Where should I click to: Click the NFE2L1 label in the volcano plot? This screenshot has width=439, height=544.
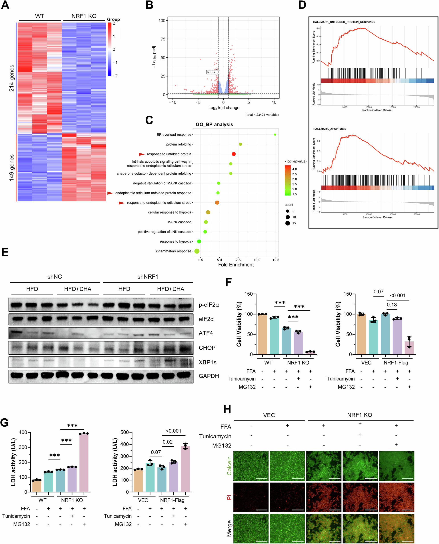tap(213, 72)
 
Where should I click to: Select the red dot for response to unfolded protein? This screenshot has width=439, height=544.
tap(234, 154)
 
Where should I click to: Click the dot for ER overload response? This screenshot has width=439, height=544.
tap(275, 135)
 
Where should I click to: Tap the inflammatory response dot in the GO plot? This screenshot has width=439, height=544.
tap(197, 251)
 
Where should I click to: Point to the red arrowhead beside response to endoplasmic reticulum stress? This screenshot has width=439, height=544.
tap(122, 203)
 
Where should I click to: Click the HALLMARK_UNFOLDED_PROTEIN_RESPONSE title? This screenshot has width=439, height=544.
tap(344, 22)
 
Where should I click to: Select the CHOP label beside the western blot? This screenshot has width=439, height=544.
tap(207, 348)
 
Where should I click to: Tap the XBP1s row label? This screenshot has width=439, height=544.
tap(207, 362)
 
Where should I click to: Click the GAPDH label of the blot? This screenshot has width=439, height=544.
tap(209, 376)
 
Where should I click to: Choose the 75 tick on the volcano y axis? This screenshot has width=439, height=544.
tap(162, 39)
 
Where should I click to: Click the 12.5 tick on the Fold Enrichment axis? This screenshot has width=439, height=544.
tap(276, 260)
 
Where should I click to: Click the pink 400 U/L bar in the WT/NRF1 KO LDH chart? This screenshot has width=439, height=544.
tap(84, 463)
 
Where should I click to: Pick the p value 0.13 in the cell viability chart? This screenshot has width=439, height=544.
tap(392, 305)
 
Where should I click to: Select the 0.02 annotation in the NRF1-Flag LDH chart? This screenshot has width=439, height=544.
tap(168, 442)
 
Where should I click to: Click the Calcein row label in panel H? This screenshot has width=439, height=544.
tap(229, 465)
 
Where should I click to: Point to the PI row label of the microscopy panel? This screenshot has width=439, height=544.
tap(229, 498)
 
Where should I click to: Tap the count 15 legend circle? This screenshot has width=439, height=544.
tap(288, 223)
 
